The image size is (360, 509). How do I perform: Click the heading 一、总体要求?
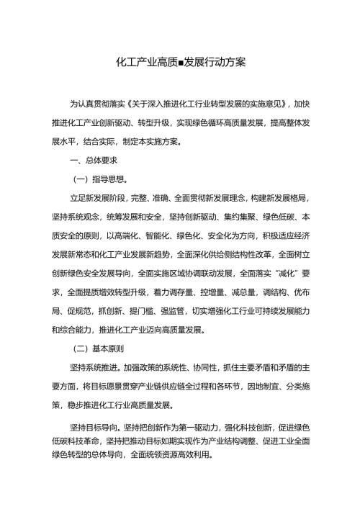89,158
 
